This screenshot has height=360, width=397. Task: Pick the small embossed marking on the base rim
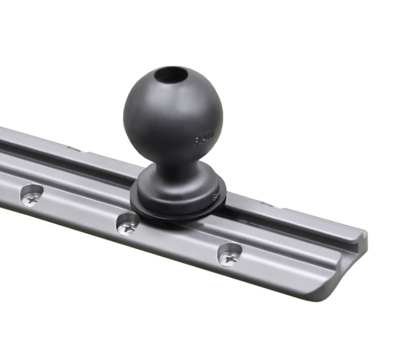(217, 197)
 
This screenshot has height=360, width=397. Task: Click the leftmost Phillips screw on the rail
(31, 196)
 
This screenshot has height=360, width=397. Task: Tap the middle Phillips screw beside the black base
(128, 226)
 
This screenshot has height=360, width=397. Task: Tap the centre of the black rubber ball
(173, 117)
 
